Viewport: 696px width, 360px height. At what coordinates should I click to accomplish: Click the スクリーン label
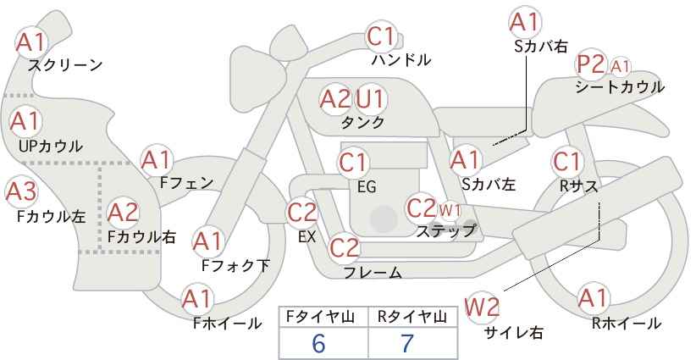click(65, 66)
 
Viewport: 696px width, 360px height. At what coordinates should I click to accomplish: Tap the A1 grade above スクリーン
click(31, 42)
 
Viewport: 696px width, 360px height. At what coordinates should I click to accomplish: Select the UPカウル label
click(51, 146)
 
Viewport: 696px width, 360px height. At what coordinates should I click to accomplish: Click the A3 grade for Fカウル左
click(21, 192)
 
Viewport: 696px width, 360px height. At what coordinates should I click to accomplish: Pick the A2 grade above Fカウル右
click(123, 213)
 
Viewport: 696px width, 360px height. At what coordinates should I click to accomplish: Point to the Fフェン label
click(186, 182)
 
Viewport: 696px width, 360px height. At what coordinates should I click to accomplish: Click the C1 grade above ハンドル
click(380, 36)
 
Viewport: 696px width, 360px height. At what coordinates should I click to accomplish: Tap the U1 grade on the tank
click(370, 98)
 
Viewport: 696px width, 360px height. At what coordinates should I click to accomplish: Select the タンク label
click(362, 122)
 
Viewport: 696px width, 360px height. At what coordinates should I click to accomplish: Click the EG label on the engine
click(367, 187)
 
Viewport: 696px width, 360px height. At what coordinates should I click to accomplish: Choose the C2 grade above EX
click(302, 212)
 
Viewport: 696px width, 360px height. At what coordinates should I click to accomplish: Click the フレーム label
click(373, 272)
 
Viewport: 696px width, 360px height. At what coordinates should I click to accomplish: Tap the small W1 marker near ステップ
click(450, 210)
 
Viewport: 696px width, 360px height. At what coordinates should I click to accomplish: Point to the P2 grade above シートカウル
click(590, 65)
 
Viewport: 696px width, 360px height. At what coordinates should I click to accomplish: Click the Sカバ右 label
click(541, 47)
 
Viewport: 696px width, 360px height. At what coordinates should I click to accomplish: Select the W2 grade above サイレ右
click(482, 307)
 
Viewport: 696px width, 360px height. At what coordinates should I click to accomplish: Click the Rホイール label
click(627, 324)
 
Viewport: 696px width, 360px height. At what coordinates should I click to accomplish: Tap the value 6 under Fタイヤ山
click(318, 343)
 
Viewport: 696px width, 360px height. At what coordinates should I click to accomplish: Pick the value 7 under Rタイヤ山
click(407, 343)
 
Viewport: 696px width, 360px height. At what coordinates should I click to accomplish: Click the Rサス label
click(578, 186)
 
